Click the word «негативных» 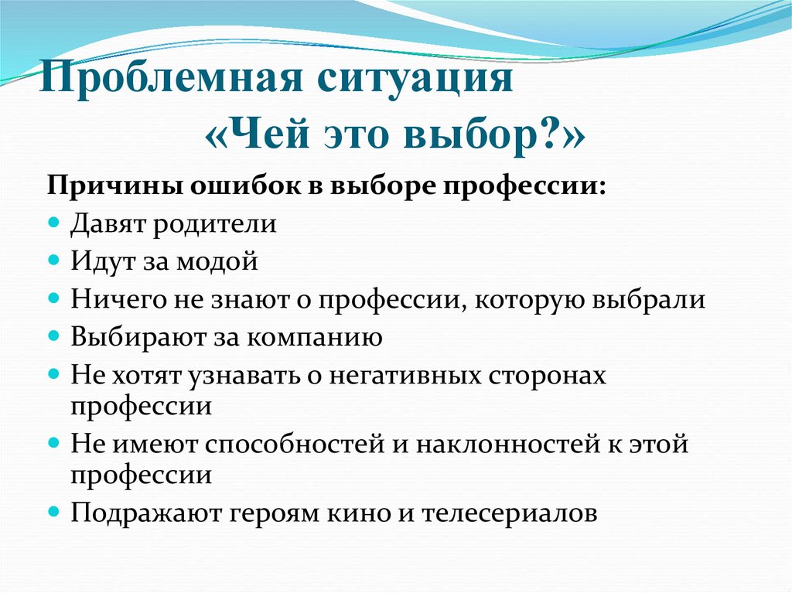pyautogui.click(x=409, y=375)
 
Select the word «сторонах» pyautogui.click(x=551, y=375)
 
